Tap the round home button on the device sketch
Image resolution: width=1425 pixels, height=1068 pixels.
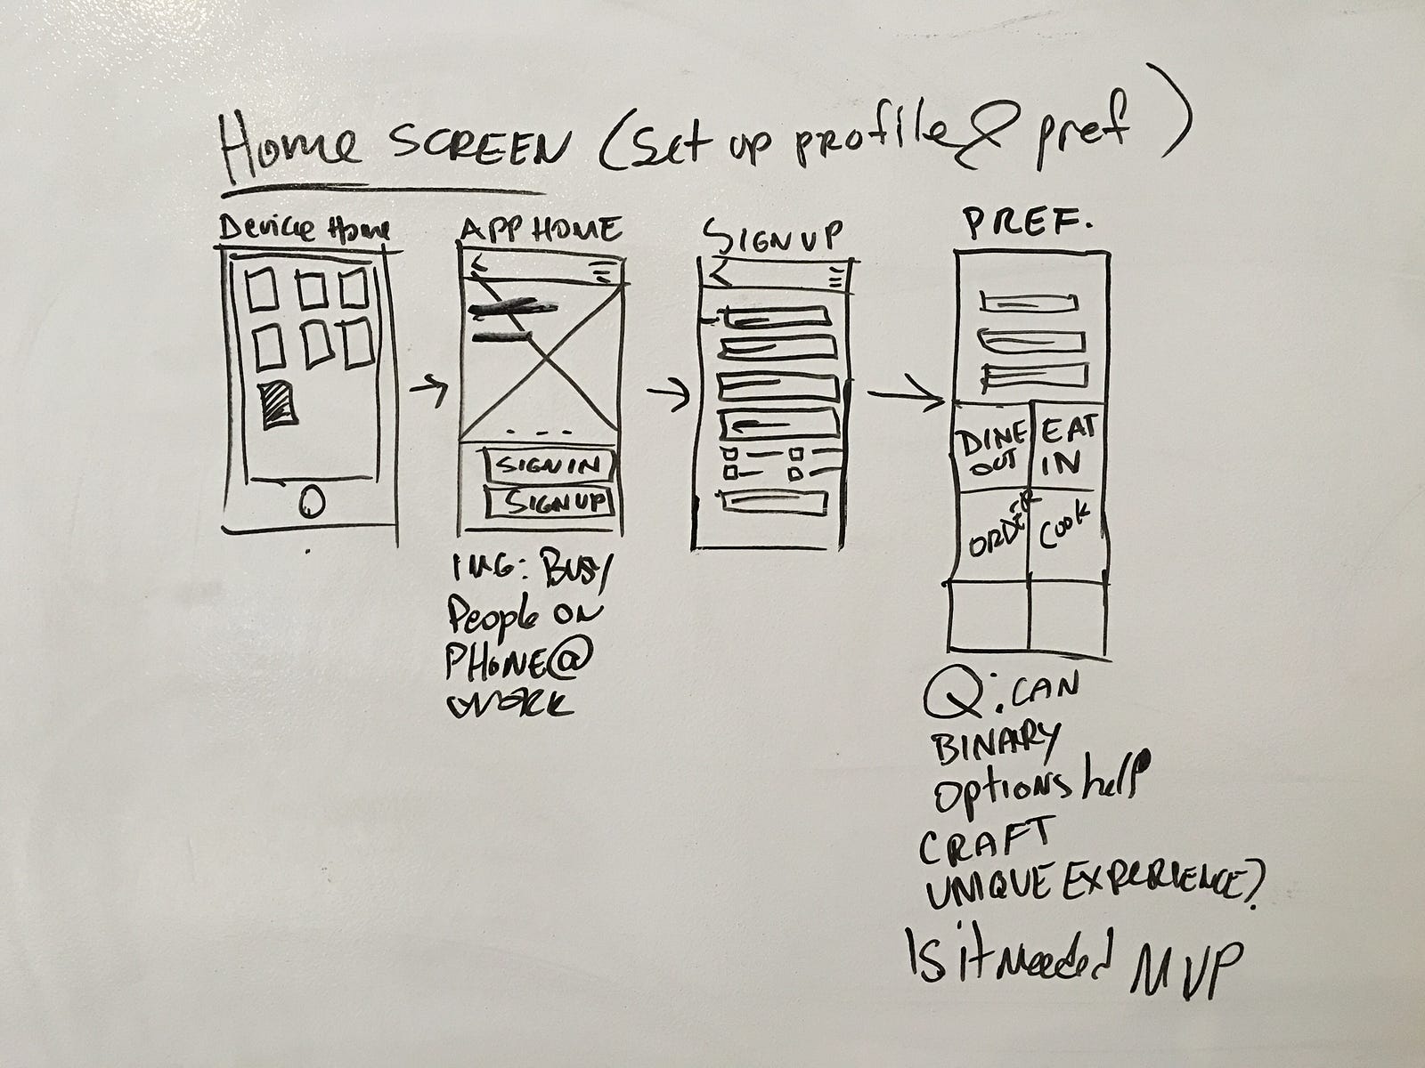point(309,503)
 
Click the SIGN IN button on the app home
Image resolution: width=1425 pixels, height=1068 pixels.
point(549,465)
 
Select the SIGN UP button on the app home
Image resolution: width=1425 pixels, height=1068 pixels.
point(550,503)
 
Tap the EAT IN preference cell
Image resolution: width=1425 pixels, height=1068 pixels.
point(1063,447)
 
